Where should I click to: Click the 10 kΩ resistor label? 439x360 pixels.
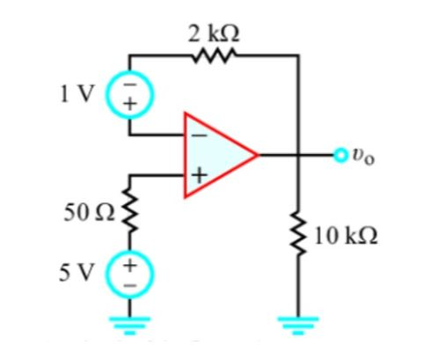[x=346, y=236]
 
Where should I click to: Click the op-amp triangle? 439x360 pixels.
[x=216, y=155]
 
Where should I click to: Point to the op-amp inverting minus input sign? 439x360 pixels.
[x=198, y=135]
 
